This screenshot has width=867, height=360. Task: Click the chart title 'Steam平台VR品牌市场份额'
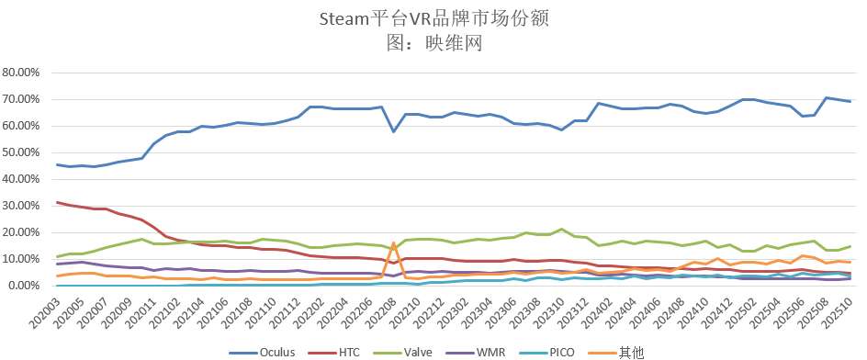tap(433, 18)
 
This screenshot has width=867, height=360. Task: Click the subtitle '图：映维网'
tap(433, 41)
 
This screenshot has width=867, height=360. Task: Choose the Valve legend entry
tap(440, 350)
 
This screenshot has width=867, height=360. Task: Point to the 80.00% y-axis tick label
tap(24, 73)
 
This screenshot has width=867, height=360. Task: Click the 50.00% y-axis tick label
tap(24, 152)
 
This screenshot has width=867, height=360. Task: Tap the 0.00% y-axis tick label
tap(27, 286)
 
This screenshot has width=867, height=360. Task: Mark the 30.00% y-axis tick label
tap(24, 206)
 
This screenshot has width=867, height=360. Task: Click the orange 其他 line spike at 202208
tap(394, 243)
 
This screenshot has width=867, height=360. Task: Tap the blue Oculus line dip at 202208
tap(394, 131)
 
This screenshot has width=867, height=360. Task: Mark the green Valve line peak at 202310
tap(561, 230)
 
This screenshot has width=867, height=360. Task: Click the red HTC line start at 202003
tap(57, 202)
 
